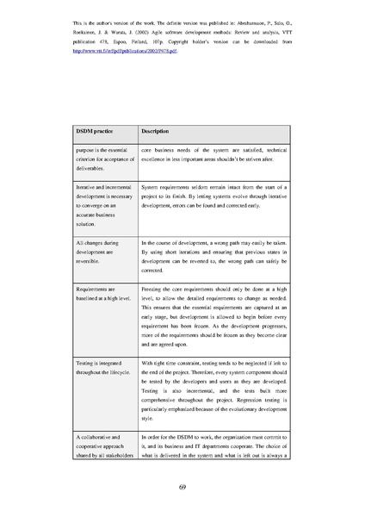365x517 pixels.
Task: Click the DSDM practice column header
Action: [95, 131]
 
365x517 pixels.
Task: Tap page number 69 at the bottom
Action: [182, 487]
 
